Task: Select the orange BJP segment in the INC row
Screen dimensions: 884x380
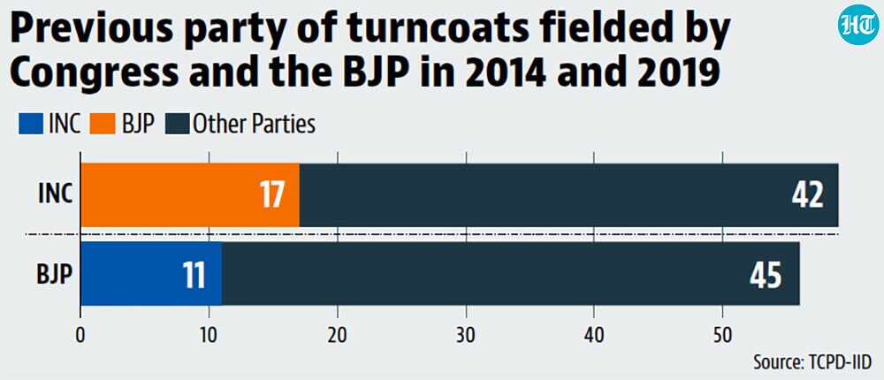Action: pyautogui.click(x=190, y=195)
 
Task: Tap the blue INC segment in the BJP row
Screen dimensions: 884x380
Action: pyautogui.click(x=151, y=274)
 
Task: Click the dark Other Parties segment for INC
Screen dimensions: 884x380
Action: pyautogui.click(x=568, y=195)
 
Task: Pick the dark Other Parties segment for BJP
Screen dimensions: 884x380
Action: pyautogui.click(x=511, y=274)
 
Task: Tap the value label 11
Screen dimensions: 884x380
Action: pyautogui.click(x=194, y=277)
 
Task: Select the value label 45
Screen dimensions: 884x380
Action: pyautogui.click(x=766, y=277)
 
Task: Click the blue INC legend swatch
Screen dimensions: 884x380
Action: pyautogui.click(x=30, y=125)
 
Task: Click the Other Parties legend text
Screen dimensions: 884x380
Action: pyautogui.click(x=254, y=125)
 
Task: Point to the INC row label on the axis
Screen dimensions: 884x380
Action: pyautogui.click(x=55, y=195)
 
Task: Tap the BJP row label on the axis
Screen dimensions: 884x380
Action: pyautogui.click(x=55, y=275)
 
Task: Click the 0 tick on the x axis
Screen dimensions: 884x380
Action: pyautogui.click(x=81, y=336)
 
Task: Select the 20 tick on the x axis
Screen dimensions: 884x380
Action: pyautogui.click(x=338, y=336)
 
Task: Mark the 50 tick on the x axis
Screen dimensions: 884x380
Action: pyautogui.click(x=723, y=336)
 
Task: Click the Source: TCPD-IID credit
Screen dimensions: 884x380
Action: pyautogui.click(x=812, y=362)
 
